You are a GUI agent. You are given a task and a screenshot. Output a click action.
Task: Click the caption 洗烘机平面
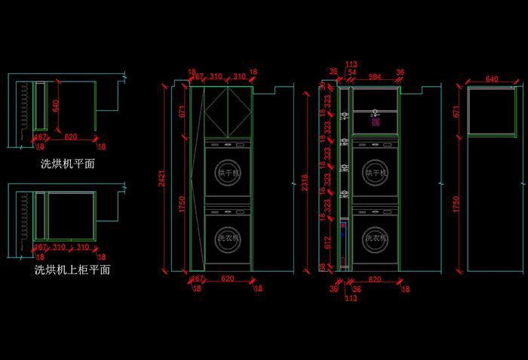(67, 163)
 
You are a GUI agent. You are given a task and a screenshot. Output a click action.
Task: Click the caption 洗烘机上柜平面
(72, 269)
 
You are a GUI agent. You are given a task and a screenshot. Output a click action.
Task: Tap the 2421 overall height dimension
(161, 179)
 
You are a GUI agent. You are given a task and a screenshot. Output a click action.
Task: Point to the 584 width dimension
(375, 77)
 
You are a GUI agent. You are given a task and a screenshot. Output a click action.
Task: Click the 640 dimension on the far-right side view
(492, 79)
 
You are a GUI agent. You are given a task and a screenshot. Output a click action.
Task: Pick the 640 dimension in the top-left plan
(55, 105)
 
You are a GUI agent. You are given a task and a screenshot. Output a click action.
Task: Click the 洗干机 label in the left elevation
(228, 174)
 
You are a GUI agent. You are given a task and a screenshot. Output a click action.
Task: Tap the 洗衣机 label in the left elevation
(228, 238)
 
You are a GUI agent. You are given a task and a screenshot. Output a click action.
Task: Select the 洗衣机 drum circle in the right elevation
(376, 238)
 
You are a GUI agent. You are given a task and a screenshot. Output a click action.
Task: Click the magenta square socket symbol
(374, 119)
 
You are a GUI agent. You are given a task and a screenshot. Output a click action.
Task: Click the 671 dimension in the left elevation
(183, 112)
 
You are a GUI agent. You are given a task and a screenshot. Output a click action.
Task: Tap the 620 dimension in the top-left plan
(70, 137)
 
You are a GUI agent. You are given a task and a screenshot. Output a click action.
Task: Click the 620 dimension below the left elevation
(227, 279)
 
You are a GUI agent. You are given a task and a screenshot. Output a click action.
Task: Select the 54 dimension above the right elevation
(352, 72)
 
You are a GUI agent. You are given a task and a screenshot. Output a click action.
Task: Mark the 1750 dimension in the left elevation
(183, 204)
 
